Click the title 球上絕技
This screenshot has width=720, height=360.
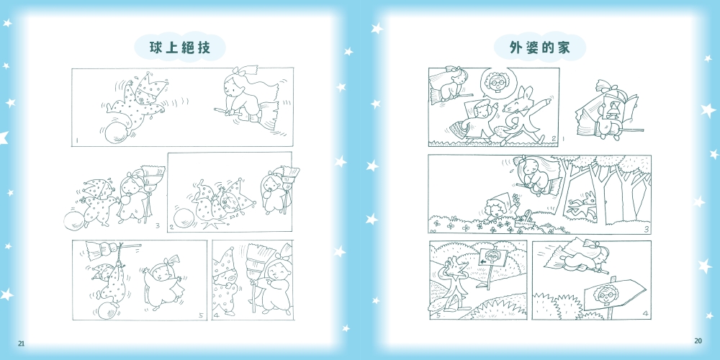[x=180, y=48]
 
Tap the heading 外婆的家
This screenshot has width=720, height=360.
[x=539, y=48]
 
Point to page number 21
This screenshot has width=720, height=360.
[x=21, y=343]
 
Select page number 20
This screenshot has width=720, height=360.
[x=698, y=341]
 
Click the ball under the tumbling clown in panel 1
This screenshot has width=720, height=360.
[x=117, y=133]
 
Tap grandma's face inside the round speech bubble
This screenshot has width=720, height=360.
[x=495, y=83]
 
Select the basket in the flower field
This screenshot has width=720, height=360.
[x=527, y=220]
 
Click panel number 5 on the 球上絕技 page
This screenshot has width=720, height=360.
[x=201, y=315]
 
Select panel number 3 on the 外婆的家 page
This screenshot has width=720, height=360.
[x=646, y=230]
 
